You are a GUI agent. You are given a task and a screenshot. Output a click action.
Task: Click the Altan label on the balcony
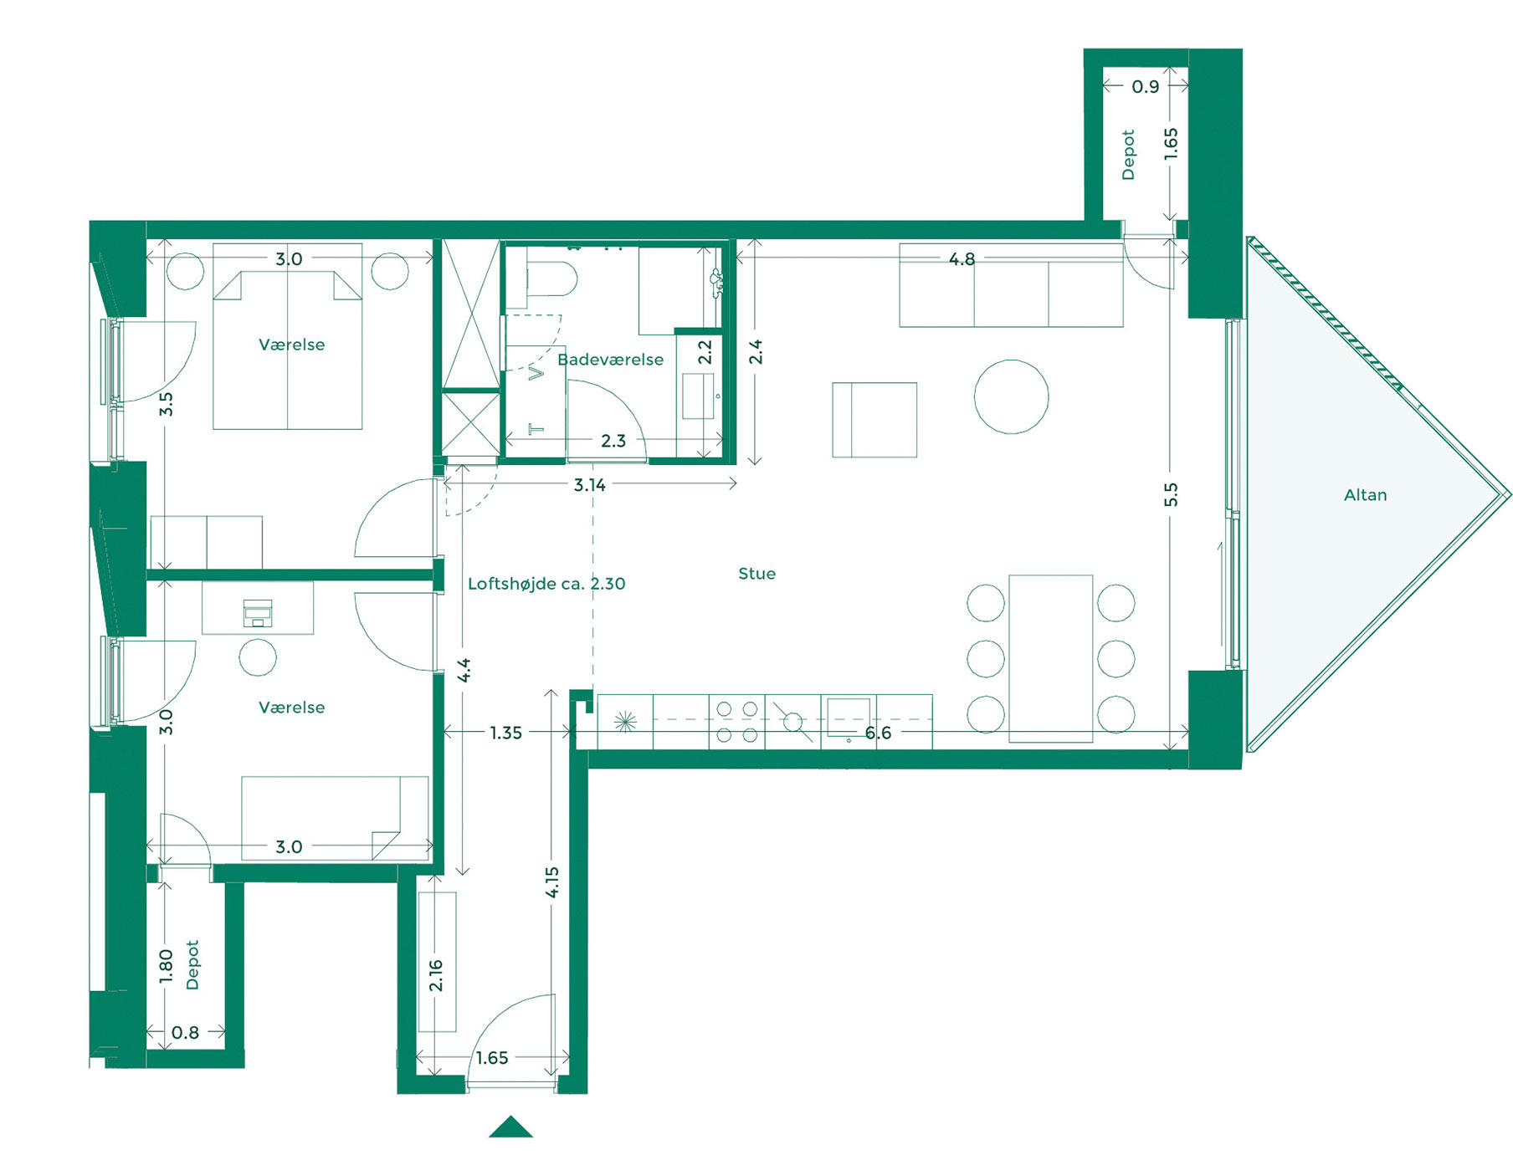point(1365,495)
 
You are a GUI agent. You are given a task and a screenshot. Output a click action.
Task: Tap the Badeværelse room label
point(610,360)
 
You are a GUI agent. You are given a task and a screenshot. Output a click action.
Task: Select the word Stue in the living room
point(756,574)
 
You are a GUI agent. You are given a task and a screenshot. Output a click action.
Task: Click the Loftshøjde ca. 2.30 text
point(546,584)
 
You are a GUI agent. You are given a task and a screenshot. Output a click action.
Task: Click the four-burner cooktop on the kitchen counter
point(736,722)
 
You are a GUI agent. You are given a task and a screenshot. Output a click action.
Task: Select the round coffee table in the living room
point(1011,397)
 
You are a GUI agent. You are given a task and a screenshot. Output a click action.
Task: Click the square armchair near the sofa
point(874,420)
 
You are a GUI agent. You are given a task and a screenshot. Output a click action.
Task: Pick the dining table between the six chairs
point(1050,658)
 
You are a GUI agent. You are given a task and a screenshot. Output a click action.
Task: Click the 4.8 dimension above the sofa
point(962,259)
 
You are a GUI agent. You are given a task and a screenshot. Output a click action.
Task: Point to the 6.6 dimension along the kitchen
point(878,733)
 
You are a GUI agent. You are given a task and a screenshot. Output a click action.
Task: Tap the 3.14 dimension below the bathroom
point(589,485)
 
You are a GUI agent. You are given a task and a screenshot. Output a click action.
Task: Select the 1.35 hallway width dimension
point(505,733)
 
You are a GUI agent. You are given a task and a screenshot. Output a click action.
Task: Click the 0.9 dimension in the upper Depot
point(1145,86)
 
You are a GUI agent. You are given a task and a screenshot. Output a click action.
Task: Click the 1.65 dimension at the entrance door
point(491,1058)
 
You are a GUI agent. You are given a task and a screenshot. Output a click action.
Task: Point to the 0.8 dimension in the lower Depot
point(185,1033)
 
